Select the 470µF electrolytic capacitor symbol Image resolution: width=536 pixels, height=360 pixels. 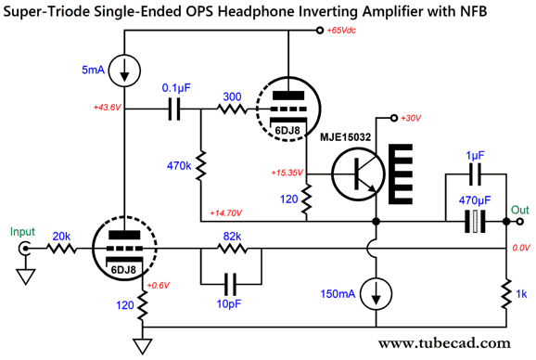pyautogui.click(x=475, y=222)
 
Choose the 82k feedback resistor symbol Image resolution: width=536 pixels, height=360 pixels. pyautogui.click(x=231, y=249)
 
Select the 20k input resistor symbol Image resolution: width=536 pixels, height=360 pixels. pyautogui.click(x=63, y=249)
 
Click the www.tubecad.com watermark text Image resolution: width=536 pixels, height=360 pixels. pyautogui.click(x=440, y=343)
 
